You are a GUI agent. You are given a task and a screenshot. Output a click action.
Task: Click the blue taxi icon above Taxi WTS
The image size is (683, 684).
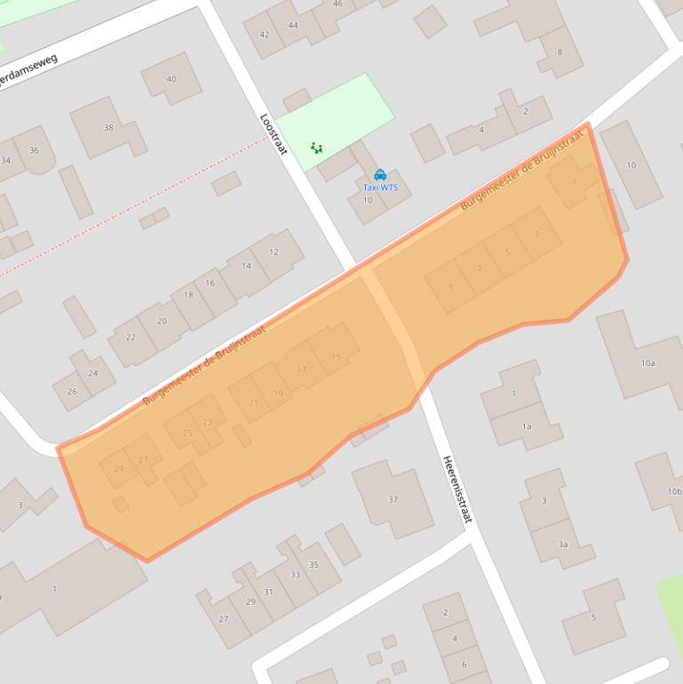click(x=380, y=175)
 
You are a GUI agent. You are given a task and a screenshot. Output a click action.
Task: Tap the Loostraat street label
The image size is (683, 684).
click(x=274, y=134)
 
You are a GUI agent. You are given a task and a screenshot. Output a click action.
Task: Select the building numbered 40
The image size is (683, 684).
click(x=171, y=79)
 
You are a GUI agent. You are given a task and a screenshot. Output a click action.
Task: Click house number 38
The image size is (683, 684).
click(x=108, y=127)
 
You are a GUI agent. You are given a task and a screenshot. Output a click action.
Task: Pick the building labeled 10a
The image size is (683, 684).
click(x=647, y=362)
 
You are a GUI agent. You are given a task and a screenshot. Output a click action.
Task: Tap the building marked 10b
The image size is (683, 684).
click(x=674, y=491)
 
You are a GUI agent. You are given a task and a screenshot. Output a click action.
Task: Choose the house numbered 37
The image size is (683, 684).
click(x=393, y=499)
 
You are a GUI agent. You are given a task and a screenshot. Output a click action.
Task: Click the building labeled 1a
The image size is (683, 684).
click(x=526, y=426)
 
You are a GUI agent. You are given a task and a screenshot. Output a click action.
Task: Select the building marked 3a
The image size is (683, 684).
click(x=561, y=544)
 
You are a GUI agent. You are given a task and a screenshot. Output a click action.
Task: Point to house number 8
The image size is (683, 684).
click(x=560, y=52)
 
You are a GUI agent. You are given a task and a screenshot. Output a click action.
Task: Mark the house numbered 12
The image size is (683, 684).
click(x=274, y=251)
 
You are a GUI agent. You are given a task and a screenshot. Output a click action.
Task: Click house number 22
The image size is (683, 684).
click(x=131, y=337)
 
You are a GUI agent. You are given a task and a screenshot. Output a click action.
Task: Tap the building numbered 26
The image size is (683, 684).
click(x=72, y=391)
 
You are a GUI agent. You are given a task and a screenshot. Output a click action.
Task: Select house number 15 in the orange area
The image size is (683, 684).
click(x=336, y=357)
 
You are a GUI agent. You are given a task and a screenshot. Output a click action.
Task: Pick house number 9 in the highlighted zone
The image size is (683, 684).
click(x=450, y=286)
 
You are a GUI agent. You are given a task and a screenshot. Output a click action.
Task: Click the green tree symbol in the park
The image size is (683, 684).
click(x=315, y=148)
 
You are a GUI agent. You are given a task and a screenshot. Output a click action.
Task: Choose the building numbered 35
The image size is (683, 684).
click(x=314, y=564)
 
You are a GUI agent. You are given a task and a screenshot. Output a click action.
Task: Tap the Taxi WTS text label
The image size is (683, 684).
click(x=380, y=187)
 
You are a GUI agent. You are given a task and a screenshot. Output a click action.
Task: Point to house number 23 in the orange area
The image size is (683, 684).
click(x=208, y=422)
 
